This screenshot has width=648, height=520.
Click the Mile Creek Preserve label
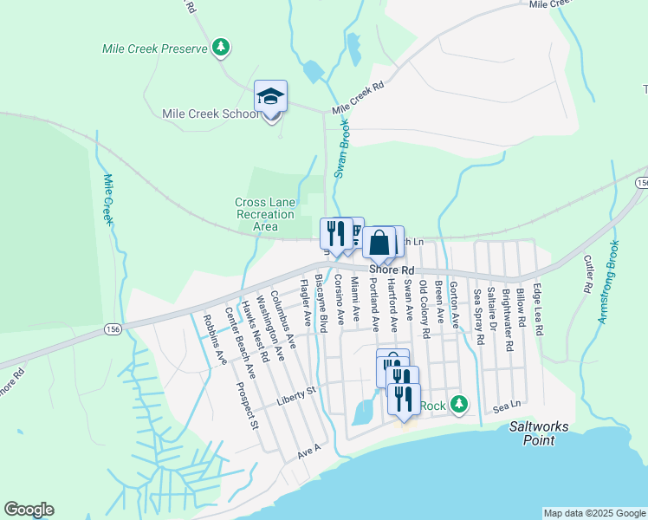(x=155, y=49)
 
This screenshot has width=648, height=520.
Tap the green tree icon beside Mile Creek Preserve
(x=223, y=47)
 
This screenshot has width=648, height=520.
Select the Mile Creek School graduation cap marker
(x=270, y=97)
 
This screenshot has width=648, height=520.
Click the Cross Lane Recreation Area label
(x=265, y=214)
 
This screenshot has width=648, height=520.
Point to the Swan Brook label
(x=342, y=149)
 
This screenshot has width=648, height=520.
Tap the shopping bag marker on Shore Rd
(x=379, y=242)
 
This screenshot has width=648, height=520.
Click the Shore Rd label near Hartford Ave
(x=392, y=270)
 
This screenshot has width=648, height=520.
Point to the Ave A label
(x=309, y=451)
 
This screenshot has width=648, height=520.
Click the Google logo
(x=29, y=510)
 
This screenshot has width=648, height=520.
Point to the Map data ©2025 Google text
(x=593, y=513)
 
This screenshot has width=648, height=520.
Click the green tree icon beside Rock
(x=459, y=404)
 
